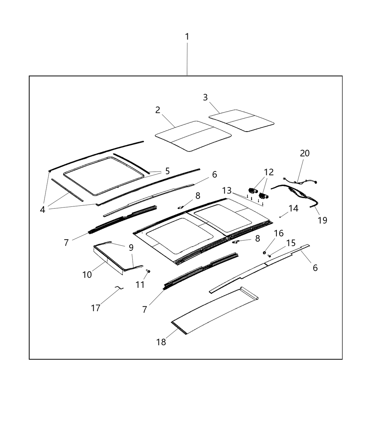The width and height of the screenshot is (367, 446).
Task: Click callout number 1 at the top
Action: (x=187, y=36)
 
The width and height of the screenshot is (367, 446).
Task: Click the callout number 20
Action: (x=304, y=153)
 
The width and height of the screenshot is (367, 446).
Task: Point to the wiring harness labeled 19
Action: (x=297, y=194)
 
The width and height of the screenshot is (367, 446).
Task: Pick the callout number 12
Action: (x=269, y=172)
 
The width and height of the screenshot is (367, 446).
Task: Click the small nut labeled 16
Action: (x=265, y=252)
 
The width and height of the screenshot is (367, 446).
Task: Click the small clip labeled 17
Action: (x=119, y=288)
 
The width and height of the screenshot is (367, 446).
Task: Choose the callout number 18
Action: (x=161, y=342)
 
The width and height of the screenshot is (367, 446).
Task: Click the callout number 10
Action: (x=87, y=275)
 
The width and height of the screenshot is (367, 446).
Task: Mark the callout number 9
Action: (x=131, y=248)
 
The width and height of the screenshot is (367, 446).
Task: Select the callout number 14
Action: (x=293, y=208)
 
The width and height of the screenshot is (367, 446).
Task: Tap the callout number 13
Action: (x=227, y=191)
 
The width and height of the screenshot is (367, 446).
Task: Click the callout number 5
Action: (x=167, y=171)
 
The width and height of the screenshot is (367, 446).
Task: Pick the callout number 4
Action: (x=43, y=210)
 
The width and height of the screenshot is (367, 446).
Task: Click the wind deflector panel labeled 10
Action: (x=108, y=258)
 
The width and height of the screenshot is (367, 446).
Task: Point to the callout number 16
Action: (x=279, y=233)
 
